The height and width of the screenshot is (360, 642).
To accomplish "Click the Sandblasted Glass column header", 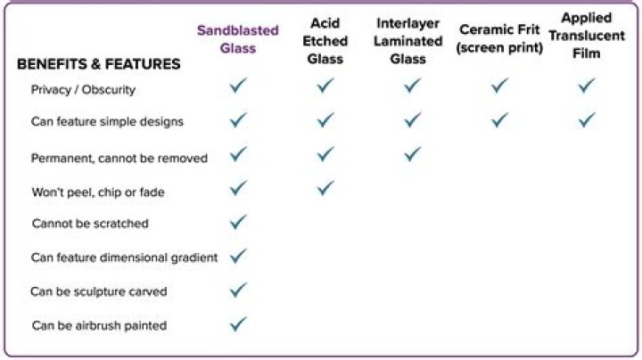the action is [x=238, y=39].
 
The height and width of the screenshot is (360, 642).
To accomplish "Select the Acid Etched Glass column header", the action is [x=325, y=41].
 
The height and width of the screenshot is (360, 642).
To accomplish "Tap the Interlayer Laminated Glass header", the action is [x=408, y=41].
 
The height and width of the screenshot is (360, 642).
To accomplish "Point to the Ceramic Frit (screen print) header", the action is [x=499, y=38].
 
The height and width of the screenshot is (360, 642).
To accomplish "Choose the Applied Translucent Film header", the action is [x=587, y=36].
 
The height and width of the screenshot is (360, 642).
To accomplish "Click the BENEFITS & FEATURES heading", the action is [x=99, y=64].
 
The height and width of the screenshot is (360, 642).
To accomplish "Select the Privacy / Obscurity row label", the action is [x=83, y=90].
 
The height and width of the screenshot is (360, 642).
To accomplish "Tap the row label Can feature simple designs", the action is [x=107, y=121].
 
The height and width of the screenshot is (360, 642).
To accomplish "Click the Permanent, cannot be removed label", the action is [x=119, y=158].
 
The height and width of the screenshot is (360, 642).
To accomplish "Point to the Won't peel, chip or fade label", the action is [x=98, y=192].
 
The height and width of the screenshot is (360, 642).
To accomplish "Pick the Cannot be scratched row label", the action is [x=90, y=224].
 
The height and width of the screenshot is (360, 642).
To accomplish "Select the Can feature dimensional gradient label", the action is [x=125, y=258].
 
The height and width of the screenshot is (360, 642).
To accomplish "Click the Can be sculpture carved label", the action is [x=99, y=291].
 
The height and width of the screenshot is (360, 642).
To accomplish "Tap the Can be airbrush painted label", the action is [x=100, y=325].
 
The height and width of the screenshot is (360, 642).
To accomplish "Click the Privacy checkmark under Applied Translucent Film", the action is [x=587, y=86].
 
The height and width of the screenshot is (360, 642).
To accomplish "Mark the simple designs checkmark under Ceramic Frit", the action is [x=499, y=120].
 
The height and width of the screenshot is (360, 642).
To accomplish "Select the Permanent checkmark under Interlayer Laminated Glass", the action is [x=412, y=154].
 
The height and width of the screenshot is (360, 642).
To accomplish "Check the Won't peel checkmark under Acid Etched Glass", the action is [x=325, y=188].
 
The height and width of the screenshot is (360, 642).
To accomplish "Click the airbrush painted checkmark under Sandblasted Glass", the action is [x=238, y=324].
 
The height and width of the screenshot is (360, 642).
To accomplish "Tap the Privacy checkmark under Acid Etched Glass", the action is [x=325, y=86].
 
